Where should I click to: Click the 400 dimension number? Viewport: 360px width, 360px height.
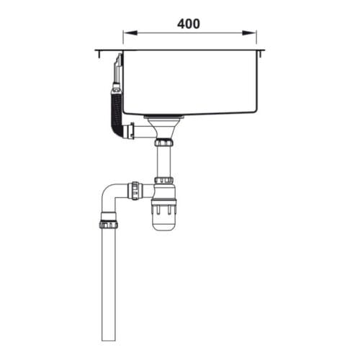[x=189, y=23]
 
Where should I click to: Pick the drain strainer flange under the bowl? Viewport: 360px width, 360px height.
[x=163, y=117]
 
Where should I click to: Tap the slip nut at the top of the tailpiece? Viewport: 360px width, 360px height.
[x=163, y=143]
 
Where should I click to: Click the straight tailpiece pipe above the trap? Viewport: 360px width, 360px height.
[x=163, y=162]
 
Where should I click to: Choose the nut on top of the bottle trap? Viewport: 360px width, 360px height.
[x=163, y=180]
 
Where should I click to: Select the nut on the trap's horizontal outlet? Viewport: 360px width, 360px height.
[x=134, y=191]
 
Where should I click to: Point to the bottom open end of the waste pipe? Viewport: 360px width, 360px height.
[x=109, y=338]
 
